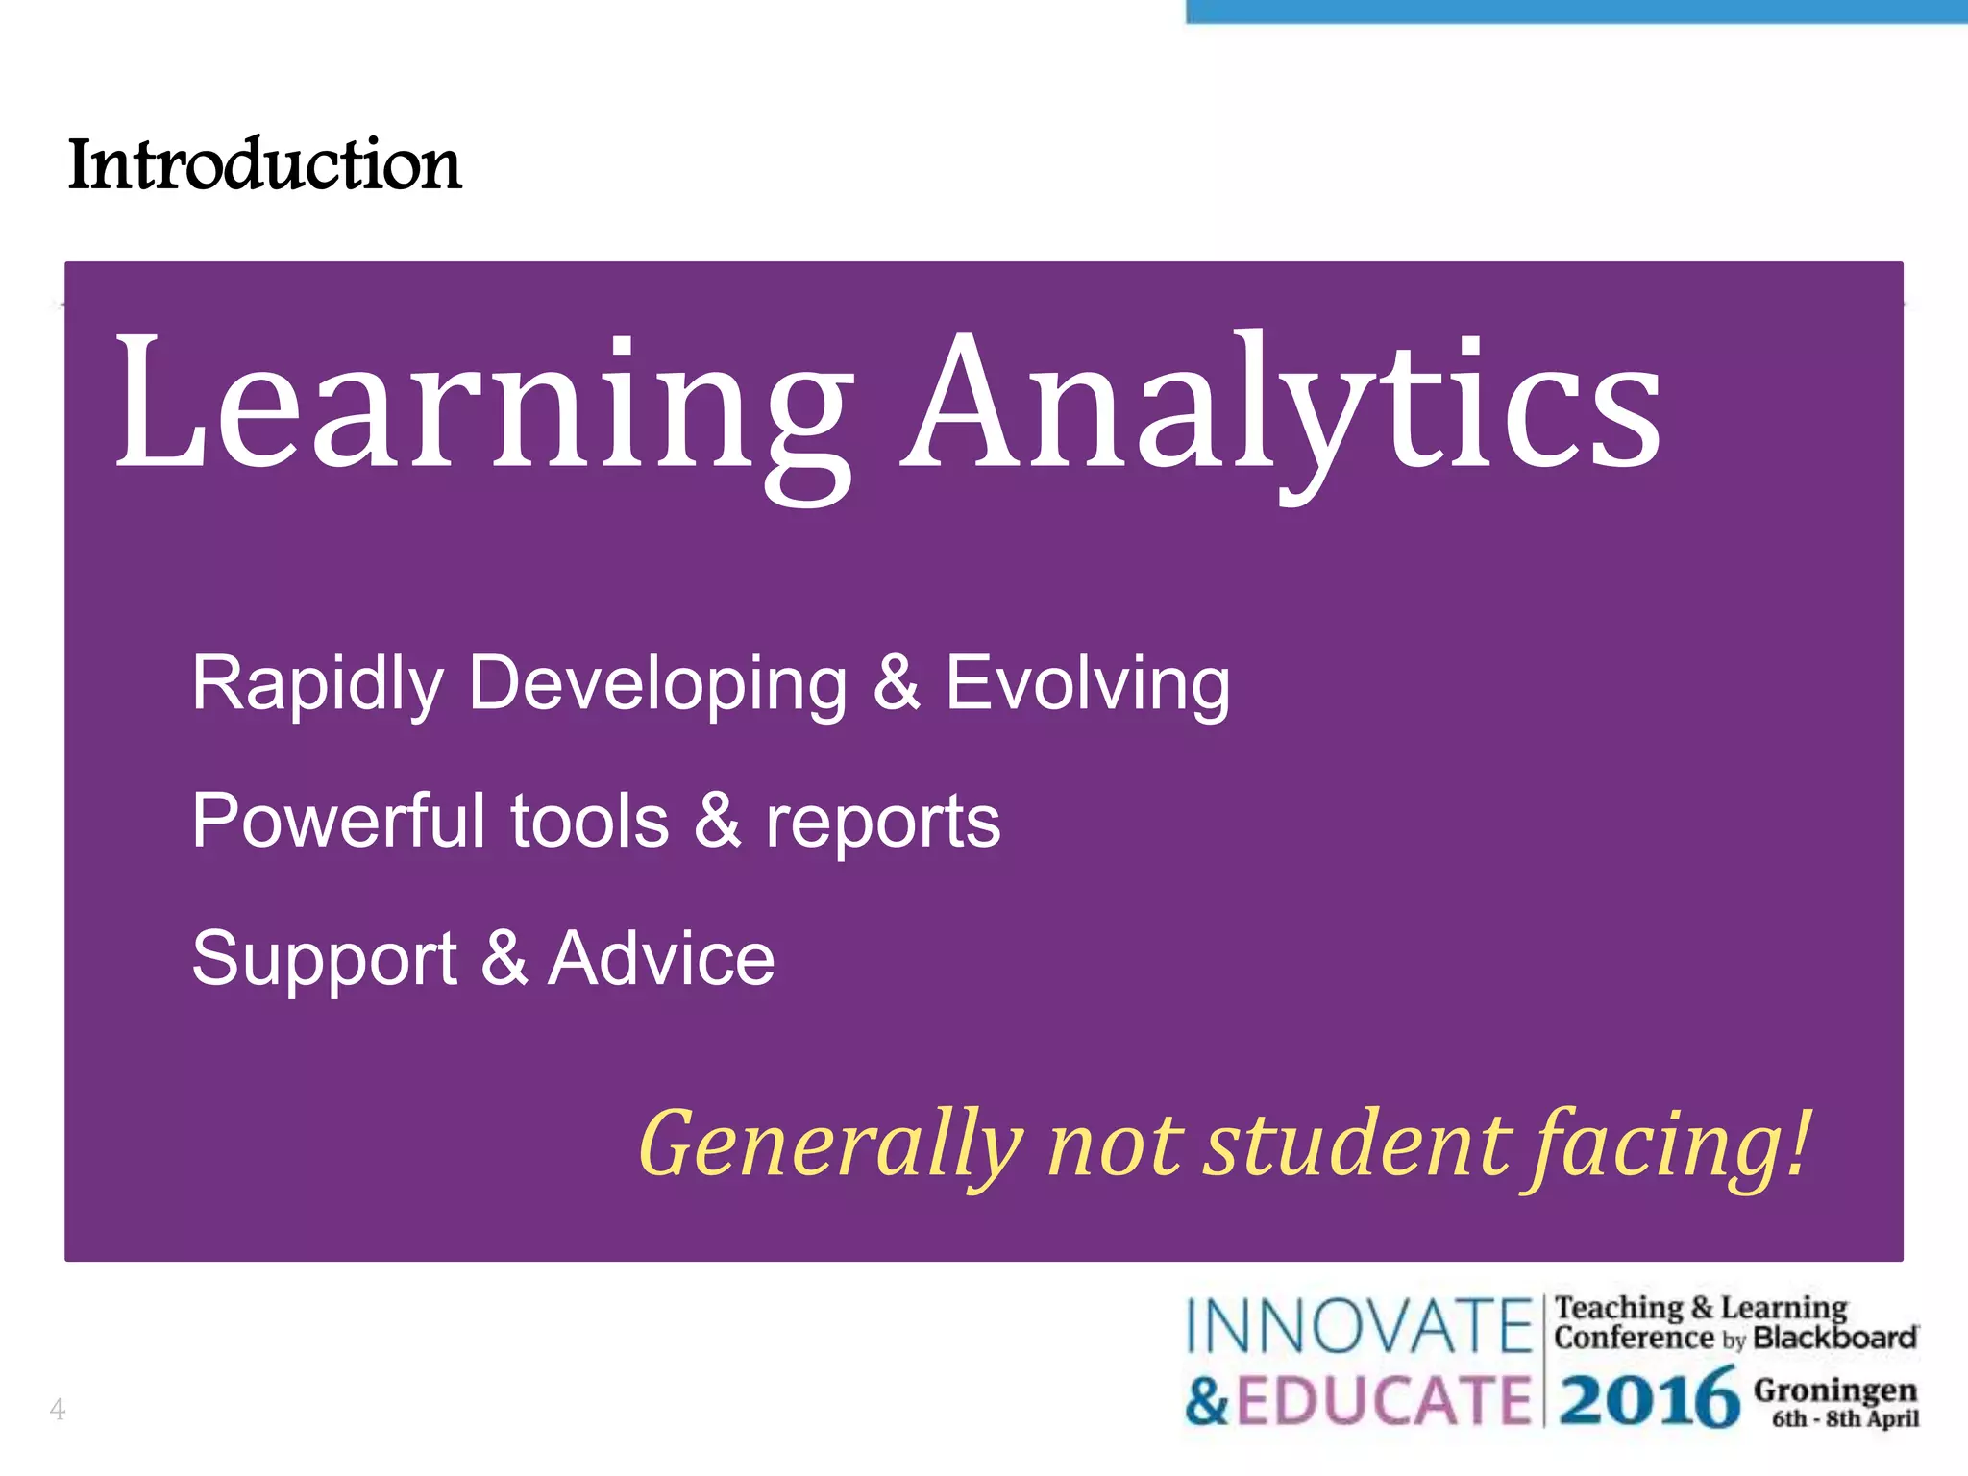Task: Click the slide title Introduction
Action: click(265, 164)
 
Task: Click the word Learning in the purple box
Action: click(483, 408)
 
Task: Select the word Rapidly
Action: click(317, 684)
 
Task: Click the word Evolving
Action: click(1087, 684)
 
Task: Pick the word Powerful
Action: click(338, 822)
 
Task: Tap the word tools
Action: click(589, 822)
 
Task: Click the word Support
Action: click(324, 959)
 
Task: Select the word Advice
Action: click(661, 958)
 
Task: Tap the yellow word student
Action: click(1357, 1144)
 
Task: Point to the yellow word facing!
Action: click(1667, 1144)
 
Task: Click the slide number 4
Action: click(58, 1409)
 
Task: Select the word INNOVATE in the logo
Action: click(1358, 1326)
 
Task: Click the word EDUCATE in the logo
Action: click(1383, 1400)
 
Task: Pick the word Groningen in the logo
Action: click(1834, 1390)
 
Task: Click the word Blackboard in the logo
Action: click(1834, 1338)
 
